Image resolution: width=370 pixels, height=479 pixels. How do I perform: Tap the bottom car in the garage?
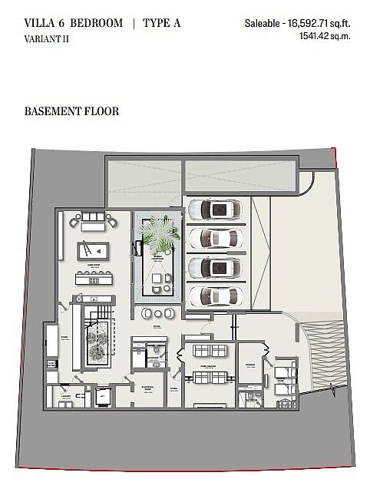[x=216, y=295]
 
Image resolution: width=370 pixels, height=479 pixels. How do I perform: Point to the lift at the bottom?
[x=101, y=396]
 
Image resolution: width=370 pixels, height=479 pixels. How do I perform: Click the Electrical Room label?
[x=147, y=388]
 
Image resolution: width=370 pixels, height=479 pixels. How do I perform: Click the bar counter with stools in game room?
[x=93, y=277]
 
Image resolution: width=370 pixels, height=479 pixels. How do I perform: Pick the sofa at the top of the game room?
[x=93, y=220]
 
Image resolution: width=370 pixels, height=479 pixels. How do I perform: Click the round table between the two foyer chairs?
[x=157, y=313]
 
